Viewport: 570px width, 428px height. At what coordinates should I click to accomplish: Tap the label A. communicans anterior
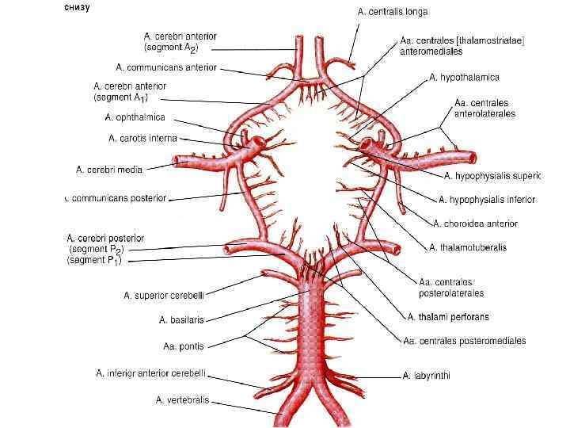pyautogui.click(x=165, y=67)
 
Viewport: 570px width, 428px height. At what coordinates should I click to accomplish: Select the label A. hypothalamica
pyautogui.click(x=464, y=77)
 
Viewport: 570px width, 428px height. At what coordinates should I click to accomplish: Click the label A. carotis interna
pyautogui.click(x=142, y=138)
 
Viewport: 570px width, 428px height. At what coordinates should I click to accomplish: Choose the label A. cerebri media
pyautogui.click(x=120, y=169)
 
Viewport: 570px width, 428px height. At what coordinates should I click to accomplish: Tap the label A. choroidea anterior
pyautogui.click(x=475, y=224)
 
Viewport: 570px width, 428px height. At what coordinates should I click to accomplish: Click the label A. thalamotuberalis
pyautogui.click(x=468, y=247)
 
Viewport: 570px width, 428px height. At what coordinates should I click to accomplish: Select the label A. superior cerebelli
pyautogui.click(x=164, y=296)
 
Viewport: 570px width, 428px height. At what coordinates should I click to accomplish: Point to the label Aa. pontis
pyautogui.click(x=183, y=346)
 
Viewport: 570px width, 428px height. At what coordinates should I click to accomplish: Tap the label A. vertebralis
pyautogui.click(x=182, y=400)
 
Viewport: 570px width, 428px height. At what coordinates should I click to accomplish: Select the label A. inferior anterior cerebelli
pyautogui.click(x=151, y=373)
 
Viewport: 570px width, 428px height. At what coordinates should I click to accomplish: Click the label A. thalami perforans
pyautogui.click(x=447, y=317)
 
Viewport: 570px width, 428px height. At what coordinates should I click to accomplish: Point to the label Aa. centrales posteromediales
pyautogui.click(x=464, y=341)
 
